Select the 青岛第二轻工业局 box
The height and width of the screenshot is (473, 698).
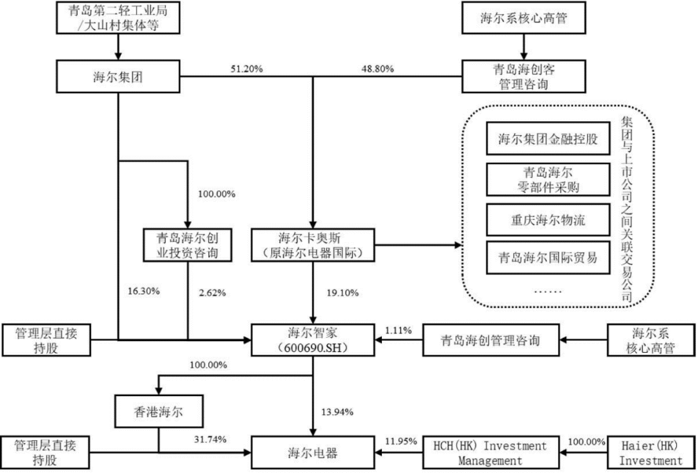pyautogui.click(x=118, y=17)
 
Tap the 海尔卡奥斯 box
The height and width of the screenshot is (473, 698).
pyautogui.click(x=313, y=245)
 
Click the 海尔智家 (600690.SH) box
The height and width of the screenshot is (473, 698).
pyautogui.click(x=313, y=341)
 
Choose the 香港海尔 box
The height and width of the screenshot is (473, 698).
pyautogui.click(x=158, y=412)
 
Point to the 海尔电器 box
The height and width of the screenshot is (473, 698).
pyautogui.click(x=313, y=453)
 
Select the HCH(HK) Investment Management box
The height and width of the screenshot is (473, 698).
pyautogui.click(x=490, y=453)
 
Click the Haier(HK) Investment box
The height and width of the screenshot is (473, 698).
pyautogui.click(x=650, y=453)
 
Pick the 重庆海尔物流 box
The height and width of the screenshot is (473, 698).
pyautogui.click(x=547, y=220)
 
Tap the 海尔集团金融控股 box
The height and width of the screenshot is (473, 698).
pyautogui.click(x=547, y=139)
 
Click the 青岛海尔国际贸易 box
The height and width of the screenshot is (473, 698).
pyautogui.click(x=547, y=258)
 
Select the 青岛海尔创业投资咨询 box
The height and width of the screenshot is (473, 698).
pyautogui.click(x=188, y=245)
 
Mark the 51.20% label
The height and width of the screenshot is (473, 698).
pyautogui.click(x=247, y=69)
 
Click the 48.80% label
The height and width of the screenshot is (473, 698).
pyautogui.click(x=377, y=69)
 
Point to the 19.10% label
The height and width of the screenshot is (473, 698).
pyautogui.click(x=343, y=293)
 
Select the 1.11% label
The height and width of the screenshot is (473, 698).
pyautogui.click(x=398, y=330)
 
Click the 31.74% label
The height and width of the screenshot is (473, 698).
pyautogui.click(x=210, y=439)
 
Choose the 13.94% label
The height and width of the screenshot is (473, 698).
pyautogui.click(x=337, y=412)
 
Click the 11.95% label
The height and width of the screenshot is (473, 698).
pyautogui.click(x=401, y=442)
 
